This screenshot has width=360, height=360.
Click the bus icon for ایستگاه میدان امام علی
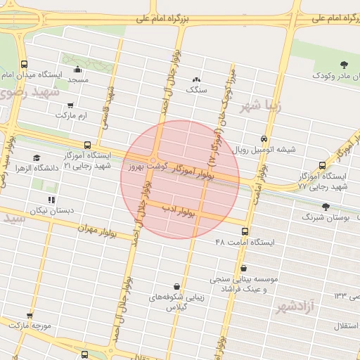point(25,64)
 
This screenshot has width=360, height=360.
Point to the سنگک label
point(196,90)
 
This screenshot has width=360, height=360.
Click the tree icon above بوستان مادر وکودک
point(343,65)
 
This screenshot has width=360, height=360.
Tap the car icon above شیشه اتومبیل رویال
point(264,139)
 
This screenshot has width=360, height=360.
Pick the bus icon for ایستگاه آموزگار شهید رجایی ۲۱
point(87,145)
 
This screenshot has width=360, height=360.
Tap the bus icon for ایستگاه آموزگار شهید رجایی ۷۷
point(322,166)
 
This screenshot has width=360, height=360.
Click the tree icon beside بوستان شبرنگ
point(325,207)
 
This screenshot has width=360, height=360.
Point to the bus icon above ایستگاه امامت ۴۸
point(245,231)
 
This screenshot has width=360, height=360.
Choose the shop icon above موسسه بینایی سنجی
point(243,268)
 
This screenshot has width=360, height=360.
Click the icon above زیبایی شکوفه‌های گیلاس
point(175,286)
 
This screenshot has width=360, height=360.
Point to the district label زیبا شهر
point(260,106)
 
